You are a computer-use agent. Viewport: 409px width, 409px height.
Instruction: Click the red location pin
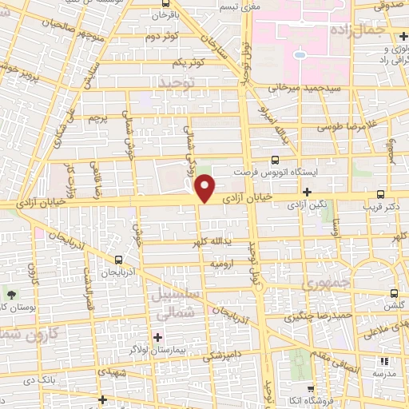pos(205,189)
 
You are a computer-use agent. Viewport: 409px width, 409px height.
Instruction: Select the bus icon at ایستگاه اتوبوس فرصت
pos(276,160)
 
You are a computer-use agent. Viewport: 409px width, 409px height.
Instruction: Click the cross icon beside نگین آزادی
pos(308,192)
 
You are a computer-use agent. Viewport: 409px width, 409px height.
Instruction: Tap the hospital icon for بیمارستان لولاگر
pos(157,337)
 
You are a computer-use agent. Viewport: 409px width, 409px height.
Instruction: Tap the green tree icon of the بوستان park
pos(10,294)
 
